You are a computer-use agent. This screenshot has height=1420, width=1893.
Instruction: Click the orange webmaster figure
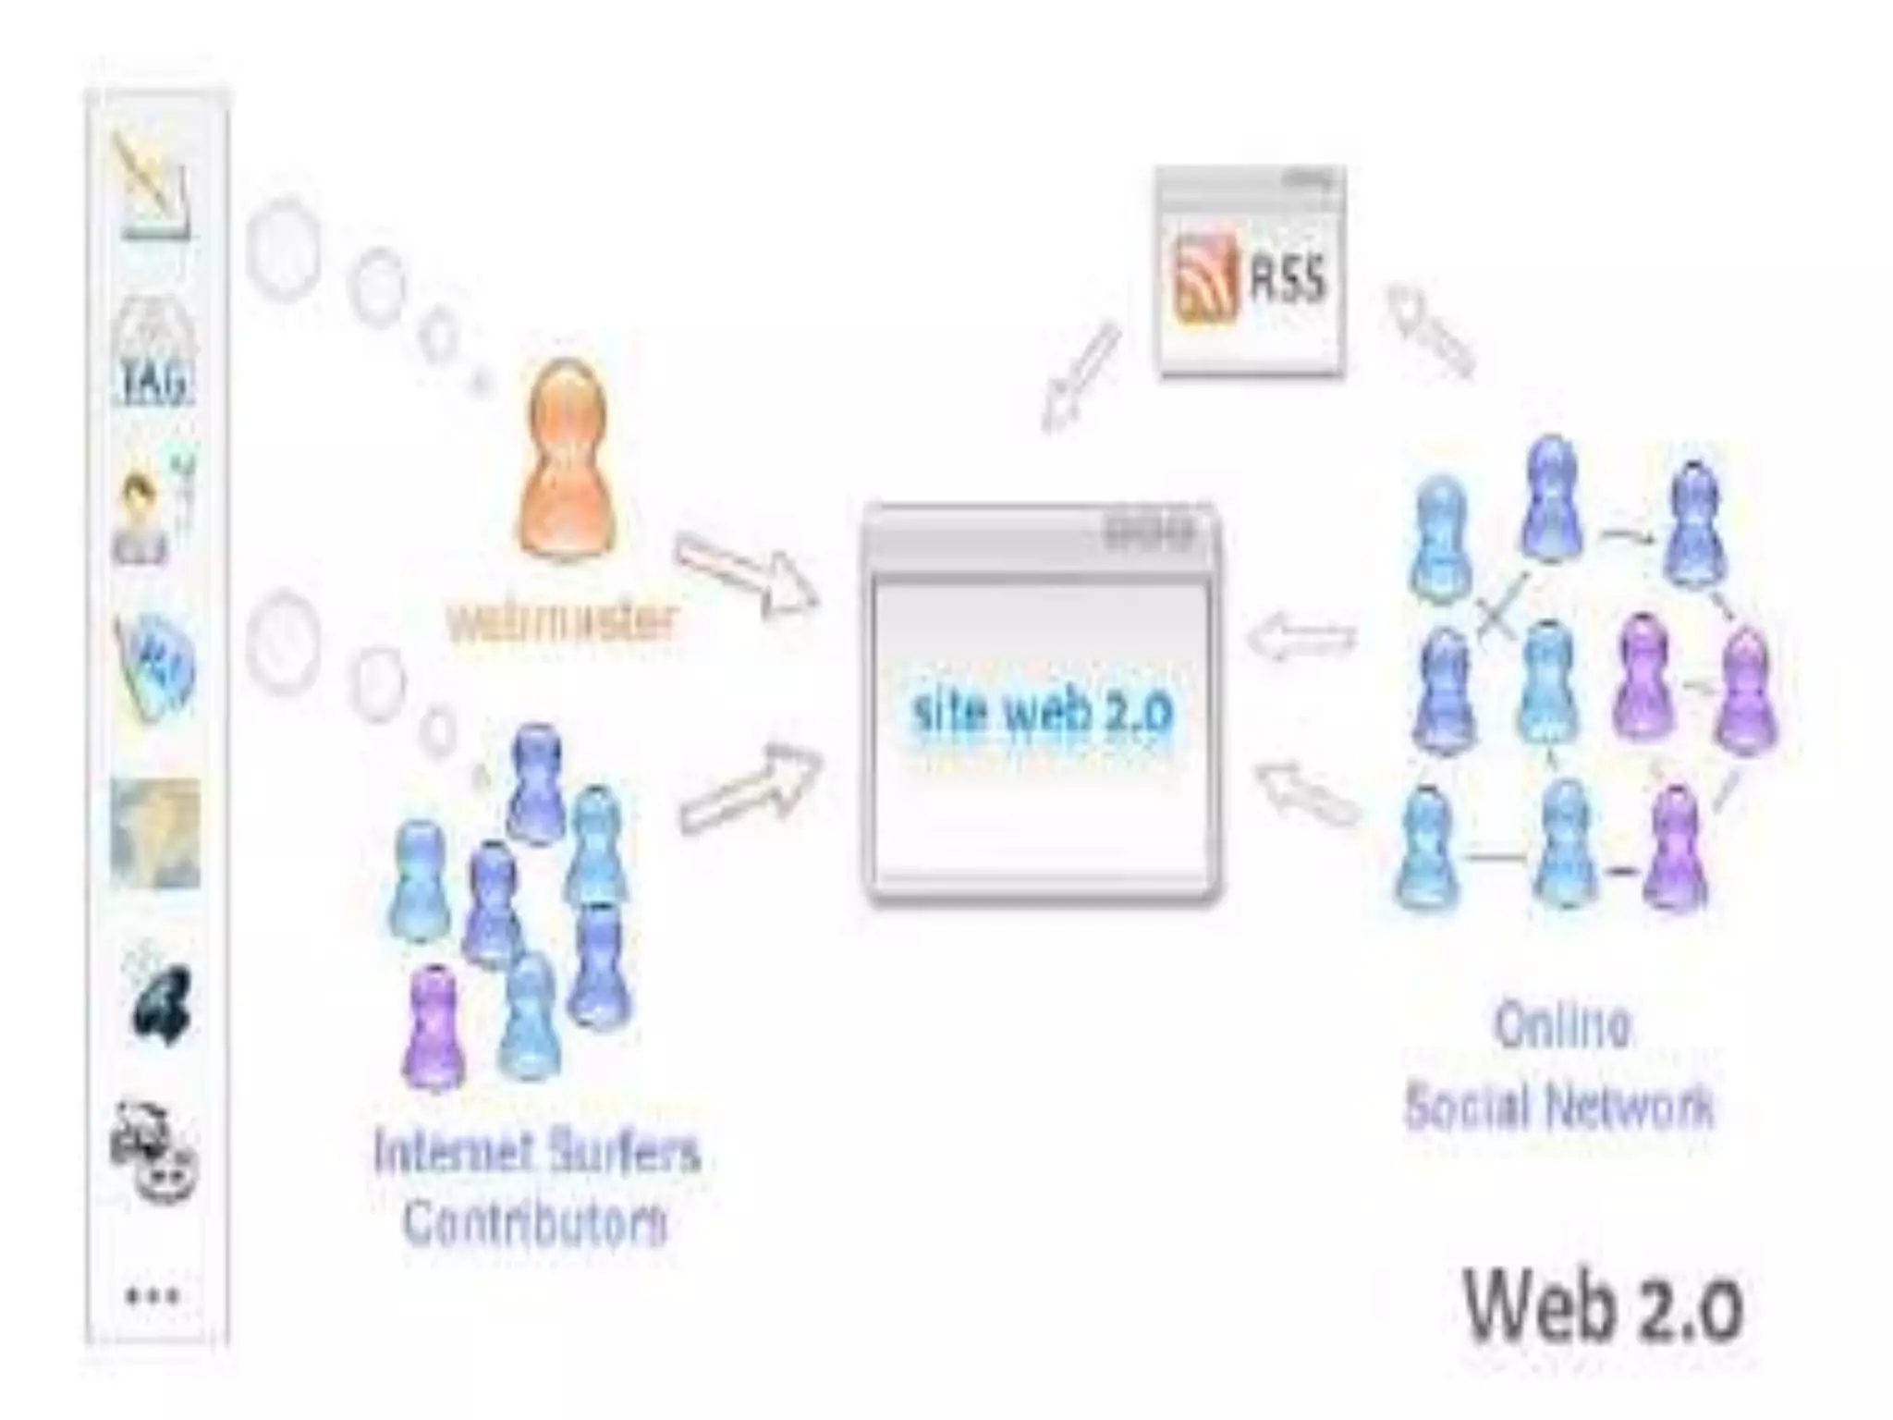click(x=567, y=462)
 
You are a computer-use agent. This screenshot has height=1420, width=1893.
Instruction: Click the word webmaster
click(x=562, y=622)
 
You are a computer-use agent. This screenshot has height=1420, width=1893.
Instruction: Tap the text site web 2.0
click(x=1042, y=713)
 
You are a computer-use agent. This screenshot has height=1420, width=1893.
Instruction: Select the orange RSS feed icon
click(x=1205, y=278)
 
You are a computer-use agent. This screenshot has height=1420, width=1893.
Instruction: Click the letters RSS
click(x=1288, y=278)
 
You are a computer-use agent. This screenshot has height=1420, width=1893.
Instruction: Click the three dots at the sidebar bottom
click(x=153, y=1295)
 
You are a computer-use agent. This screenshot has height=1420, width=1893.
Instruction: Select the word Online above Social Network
click(x=1561, y=1024)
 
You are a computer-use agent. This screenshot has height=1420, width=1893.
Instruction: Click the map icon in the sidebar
click(x=154, y=833)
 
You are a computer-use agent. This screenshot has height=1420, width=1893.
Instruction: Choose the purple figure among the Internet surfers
click(x=431, y=1026)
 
